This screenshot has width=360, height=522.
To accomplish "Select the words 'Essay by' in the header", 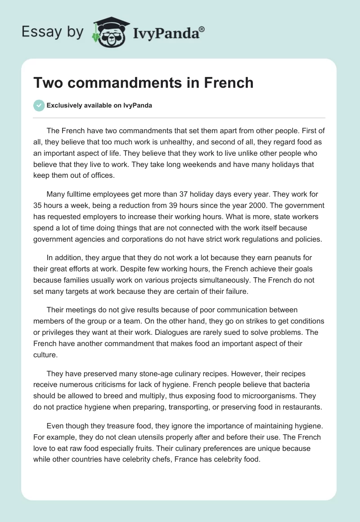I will pyautogui.click(x=53, y=32).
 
